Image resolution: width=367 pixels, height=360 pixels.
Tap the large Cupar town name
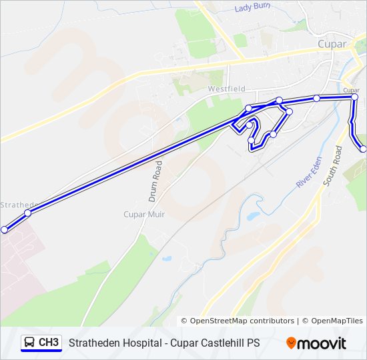[332, 44]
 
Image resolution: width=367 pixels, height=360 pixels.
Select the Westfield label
[226, 89]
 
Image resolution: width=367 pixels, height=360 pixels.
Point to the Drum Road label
[154, 181]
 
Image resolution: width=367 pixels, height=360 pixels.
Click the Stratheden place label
[17, 205]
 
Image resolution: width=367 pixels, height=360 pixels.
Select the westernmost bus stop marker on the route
[5, 229]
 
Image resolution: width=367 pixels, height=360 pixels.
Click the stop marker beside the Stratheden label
[27, 213]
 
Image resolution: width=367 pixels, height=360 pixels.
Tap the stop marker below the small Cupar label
[354, 97]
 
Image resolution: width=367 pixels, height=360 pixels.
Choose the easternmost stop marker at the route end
[364, 149]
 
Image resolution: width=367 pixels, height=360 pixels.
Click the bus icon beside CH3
[29, 343]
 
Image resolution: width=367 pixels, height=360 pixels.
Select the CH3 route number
[49, 343]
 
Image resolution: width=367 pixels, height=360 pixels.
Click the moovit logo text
[322, 343]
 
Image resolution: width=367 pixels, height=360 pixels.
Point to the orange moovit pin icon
[291, 343]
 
